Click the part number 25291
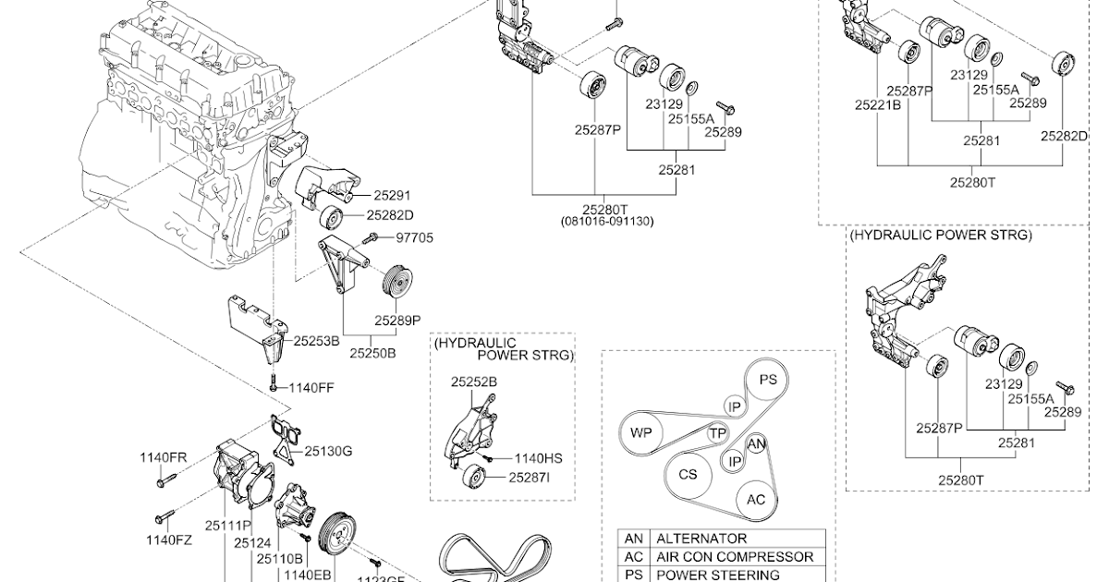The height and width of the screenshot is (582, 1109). (392, 196)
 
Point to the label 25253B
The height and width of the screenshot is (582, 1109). (317, 340)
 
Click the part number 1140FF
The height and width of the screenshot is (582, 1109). (311, 388)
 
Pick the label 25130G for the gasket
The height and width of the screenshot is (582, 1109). (328, 451)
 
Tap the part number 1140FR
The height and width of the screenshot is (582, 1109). (164, 457)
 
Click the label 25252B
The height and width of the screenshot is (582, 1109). (474, 381)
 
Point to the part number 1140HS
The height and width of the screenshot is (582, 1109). (538, 457)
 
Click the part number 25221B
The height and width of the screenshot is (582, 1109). (877, 105)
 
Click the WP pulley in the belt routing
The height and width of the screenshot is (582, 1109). (641, 432)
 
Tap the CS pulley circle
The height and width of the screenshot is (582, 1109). (688, 475)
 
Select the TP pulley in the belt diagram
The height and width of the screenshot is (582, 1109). (716, 433)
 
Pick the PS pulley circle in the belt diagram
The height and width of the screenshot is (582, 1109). (768, 380)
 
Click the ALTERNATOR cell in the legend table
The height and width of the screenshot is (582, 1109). (701, 538)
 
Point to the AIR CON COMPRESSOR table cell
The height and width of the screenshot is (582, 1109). (721, 556)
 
